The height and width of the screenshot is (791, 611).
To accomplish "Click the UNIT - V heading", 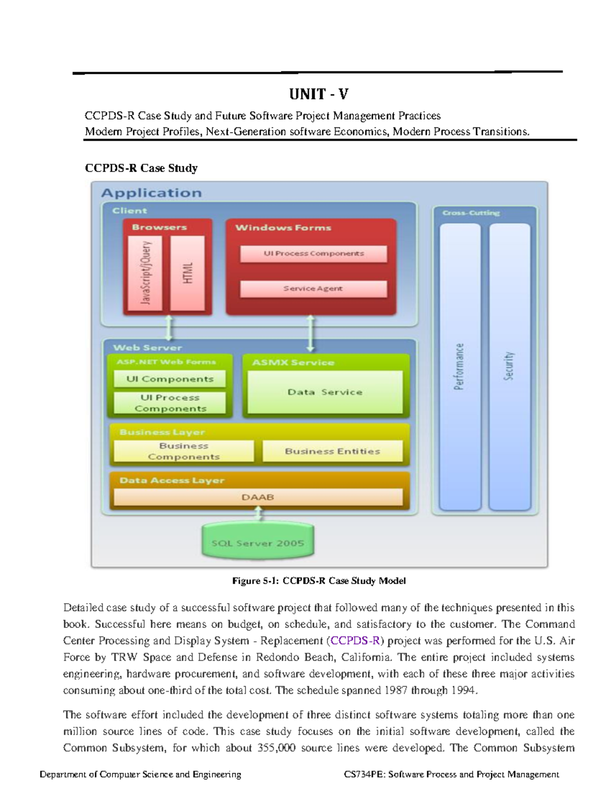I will pos(319,94).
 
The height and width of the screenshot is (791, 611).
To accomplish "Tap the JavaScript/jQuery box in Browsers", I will pos(145,273).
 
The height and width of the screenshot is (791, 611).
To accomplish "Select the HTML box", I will pos(187,273).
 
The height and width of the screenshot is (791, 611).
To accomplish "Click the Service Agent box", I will pos(313,289).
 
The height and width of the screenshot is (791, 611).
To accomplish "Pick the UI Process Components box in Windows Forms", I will pos(313,254).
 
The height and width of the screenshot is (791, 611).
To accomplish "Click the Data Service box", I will pos(325,392).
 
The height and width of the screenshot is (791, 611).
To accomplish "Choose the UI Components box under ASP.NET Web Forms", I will pos(170,379).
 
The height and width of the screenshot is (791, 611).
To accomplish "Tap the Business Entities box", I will pos(332,451).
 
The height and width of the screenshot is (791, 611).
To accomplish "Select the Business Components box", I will pos(183,451).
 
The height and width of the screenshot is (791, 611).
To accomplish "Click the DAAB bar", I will pos(258,497).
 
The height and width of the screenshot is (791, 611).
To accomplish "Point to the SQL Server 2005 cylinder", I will pos(258,543).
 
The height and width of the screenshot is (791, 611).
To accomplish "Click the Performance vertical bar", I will pos(460,367).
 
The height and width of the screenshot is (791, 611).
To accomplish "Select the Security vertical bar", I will pos(509,367).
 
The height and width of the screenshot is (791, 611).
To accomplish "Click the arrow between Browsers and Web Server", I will pos(170,329).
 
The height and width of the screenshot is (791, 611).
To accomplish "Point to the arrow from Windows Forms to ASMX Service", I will pos(310,334).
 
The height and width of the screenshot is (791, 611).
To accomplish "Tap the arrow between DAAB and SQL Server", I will pos(259,514).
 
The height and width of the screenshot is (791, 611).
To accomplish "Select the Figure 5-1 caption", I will pos(319,581).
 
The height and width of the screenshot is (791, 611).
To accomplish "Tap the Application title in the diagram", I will pos(151,193).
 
